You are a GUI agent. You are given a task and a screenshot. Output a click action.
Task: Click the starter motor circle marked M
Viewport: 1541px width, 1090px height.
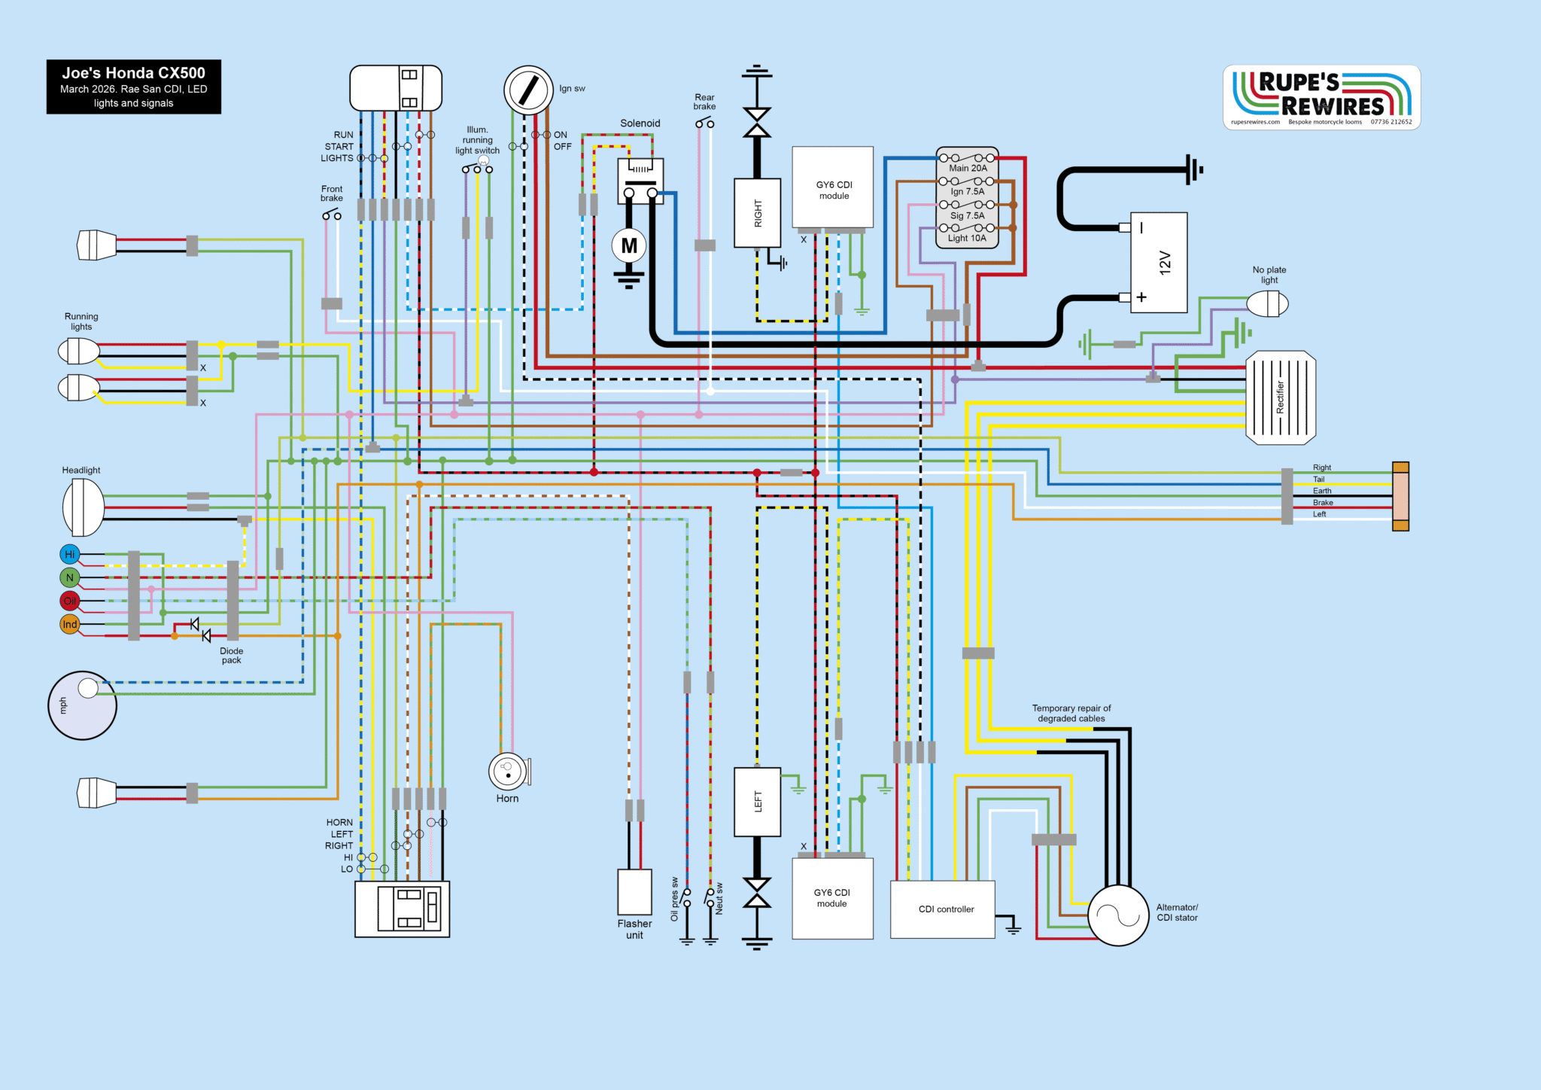pos(629,246)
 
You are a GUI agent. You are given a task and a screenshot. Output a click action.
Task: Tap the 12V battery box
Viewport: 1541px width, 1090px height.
pos(1159,262)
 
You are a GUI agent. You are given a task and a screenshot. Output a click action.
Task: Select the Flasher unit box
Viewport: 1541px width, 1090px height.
pos(634,892)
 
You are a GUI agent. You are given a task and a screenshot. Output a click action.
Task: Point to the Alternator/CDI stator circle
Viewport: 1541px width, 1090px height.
pos(1118,915)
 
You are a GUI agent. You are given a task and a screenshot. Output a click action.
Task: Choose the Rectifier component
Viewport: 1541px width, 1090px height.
pos(1281,397)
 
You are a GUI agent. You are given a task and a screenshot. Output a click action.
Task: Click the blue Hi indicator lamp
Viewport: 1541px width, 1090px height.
pos(69,555)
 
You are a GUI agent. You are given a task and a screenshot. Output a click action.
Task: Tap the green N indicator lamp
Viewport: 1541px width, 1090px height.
pos(69,578)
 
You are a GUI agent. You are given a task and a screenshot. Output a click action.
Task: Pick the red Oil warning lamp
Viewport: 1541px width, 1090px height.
pos(69,601)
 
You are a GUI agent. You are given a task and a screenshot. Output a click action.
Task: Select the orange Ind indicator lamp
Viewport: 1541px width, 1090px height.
pos(69,624)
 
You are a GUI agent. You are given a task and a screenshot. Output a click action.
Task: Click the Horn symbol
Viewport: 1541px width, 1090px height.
pos(508,772)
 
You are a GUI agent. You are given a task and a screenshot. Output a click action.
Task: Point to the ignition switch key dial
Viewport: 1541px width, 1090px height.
pos(528,90)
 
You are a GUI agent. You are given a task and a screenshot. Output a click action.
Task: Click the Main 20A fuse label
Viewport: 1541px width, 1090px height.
pos(968,168)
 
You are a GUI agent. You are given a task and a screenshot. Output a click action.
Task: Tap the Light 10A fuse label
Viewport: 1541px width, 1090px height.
pos(967,238)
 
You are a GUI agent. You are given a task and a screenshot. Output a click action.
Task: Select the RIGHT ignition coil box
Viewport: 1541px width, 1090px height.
pos(757,212)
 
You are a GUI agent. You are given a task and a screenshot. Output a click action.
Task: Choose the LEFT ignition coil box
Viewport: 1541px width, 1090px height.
pos(757,802)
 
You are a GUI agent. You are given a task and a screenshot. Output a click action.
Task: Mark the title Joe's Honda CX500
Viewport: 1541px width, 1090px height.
pos(134,73)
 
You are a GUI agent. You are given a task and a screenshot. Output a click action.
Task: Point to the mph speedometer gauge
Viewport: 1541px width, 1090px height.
pos(82,705)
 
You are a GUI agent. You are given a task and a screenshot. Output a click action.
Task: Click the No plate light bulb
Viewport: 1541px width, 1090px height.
pos(1267,304)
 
